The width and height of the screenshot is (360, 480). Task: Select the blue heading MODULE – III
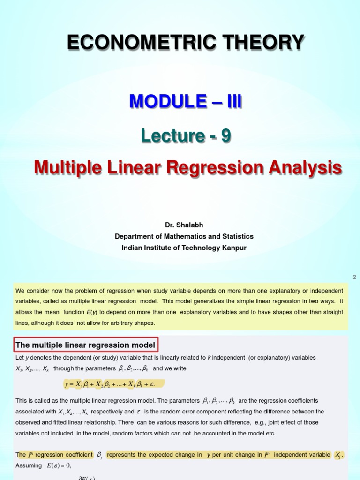pyautogui.click(x=186, y=101)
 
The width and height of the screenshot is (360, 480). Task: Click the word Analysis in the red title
pyautogui.click(x=305, y=168)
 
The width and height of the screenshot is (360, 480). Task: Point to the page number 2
pyautogui.click(x=354, y=277)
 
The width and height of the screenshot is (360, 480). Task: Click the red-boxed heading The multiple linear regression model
pyautogui.click(x=85, y=345)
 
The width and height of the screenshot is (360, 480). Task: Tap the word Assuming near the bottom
pyautogui.click(x=29, y=465)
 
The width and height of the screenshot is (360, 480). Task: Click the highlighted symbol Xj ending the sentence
pyautogui.click(x=338, y=455)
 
